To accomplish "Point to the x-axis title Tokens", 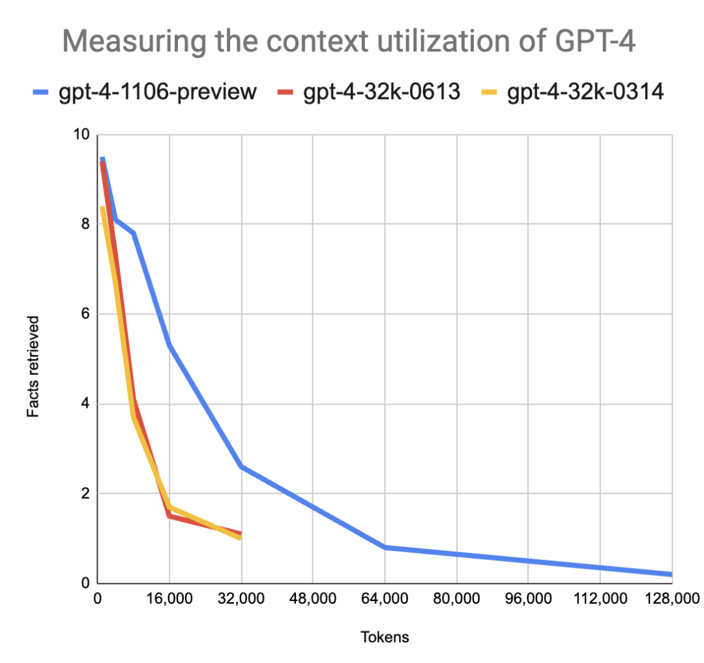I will tap(385, 637).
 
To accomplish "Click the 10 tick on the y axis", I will tap(82, 135).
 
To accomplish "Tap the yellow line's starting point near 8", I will tap(102, 208).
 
